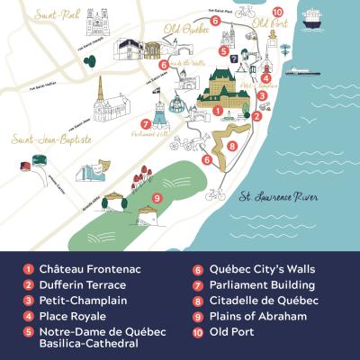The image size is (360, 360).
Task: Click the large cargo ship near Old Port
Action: pos(312,16)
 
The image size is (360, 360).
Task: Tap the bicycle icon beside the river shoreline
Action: pos(213,193)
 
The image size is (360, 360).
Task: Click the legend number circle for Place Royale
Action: pos(28,316)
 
